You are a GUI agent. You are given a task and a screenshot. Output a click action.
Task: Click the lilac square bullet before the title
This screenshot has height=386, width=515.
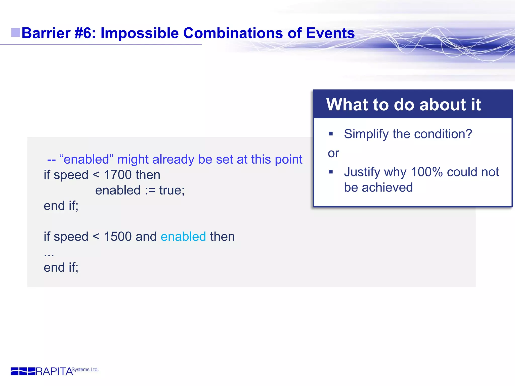[x=16, y=33]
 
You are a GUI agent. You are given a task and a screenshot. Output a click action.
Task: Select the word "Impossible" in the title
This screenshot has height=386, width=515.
[x=140, y=33]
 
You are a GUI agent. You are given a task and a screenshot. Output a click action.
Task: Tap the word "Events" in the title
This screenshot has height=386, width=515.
[x=330, y=33]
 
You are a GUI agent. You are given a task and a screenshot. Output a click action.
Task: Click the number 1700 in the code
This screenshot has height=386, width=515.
[x=118, y=175]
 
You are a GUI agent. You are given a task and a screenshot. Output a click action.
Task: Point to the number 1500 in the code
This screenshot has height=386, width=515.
[x=118, y=237]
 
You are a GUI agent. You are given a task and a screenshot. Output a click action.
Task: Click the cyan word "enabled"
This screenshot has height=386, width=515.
[x=183, y=237]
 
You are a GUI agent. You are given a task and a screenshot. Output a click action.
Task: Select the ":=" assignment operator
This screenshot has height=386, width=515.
[x=150, y=190]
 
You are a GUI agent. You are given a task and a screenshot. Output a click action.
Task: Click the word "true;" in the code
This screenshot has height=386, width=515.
[x=172, y=190]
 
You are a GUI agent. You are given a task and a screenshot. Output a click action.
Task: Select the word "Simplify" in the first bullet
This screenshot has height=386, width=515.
[x=366, y=134]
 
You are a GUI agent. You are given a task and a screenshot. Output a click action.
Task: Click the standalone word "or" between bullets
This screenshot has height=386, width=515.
[x=333, y=153]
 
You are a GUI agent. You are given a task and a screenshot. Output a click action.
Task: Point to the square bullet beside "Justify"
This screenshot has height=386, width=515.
[x=331, y=172]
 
